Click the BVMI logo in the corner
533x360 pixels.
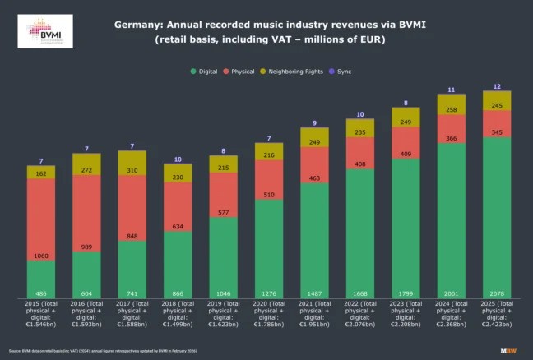pos(44,31)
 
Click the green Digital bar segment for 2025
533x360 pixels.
pos(496,218)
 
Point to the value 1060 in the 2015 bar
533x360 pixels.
pos(41,256)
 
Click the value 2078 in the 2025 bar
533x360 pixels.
pos(496,293)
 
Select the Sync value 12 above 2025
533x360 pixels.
pos(496,86)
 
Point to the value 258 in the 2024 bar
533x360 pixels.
pos(451,108)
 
